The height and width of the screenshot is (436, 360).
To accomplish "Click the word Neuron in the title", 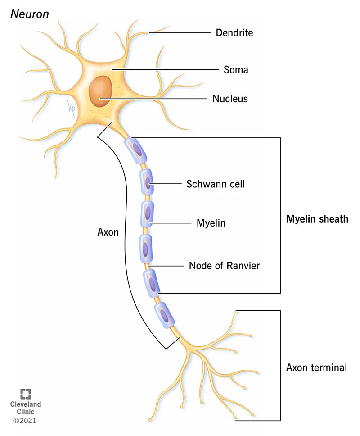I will (29, 14).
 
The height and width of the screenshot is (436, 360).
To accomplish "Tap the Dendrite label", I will (234, 32).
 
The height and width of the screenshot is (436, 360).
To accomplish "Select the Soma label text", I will (236, 70).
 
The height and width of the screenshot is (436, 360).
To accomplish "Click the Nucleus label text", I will (230, 98).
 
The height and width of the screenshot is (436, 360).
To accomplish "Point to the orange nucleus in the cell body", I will (99, 91).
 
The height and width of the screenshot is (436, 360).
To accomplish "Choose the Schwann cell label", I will (216, 184).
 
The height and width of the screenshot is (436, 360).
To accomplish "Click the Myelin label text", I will (211, 223).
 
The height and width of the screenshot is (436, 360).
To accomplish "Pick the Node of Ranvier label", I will (224, 266).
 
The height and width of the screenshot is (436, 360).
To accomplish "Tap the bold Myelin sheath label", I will (317, 219).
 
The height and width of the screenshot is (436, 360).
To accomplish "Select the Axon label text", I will (108, 232).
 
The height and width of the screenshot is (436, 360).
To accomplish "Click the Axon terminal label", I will (316, 368).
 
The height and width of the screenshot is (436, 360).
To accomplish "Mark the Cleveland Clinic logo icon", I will (26, 393).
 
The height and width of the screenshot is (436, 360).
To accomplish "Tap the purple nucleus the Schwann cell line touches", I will (148, 183).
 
